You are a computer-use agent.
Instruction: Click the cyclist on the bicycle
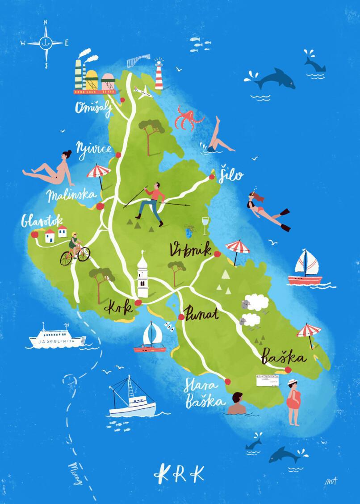point(74,248)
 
